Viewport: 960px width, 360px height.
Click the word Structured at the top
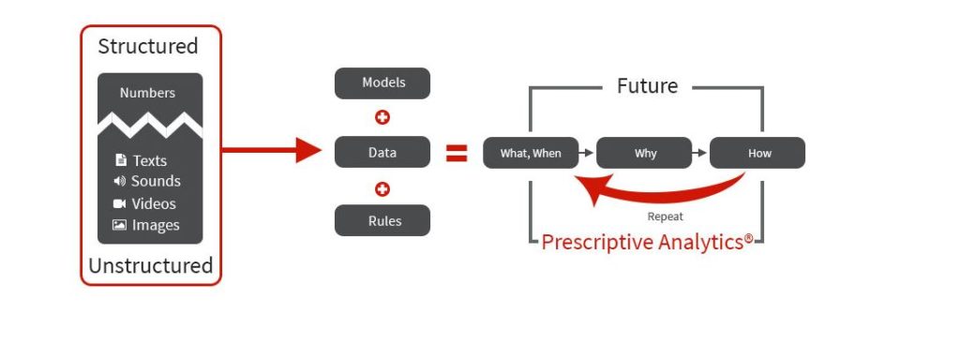[x=148, y=46]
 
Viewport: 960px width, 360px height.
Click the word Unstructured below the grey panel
[x=150, y=265]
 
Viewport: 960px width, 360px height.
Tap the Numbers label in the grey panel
[x=147, y=93]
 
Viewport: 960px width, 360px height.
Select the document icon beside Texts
[x=120, y=160]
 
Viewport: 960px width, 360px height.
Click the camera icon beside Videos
[x=119, y=203]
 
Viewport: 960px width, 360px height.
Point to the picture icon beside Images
[x=119, y=225]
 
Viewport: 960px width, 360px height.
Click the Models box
[x=382, y=83]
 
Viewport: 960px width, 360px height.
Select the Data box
[x=382, y=152]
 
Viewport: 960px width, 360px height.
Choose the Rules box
[x=382, y=221]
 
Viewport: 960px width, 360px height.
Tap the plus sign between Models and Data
[x=382, y=118]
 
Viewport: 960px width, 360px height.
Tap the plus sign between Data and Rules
[x=382, y=188]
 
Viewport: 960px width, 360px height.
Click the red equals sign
[x=457, y=153]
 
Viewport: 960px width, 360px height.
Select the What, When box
[x=531, y=153]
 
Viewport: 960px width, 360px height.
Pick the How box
[x=757, y=153]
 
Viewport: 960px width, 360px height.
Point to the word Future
[x=647, y=86]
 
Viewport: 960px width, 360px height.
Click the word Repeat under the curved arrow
[x=665, y=217]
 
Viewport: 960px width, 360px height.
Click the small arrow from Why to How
[x=699, y=152]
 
